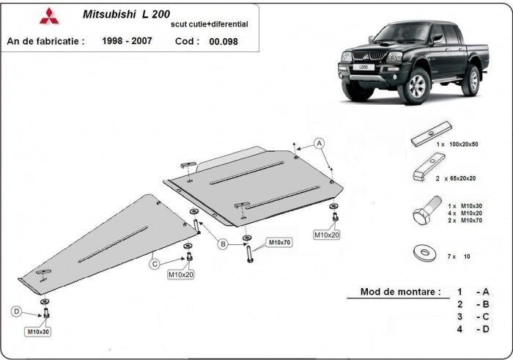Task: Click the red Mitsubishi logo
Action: [48, 16]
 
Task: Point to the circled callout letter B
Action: [222, 245]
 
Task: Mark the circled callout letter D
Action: [17, 312]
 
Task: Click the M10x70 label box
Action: [279, 242]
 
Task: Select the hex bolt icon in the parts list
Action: [424, 213]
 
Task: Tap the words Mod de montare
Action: [400, 292]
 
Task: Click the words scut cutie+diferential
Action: [209, 24]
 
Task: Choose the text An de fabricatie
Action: [45, 41]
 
